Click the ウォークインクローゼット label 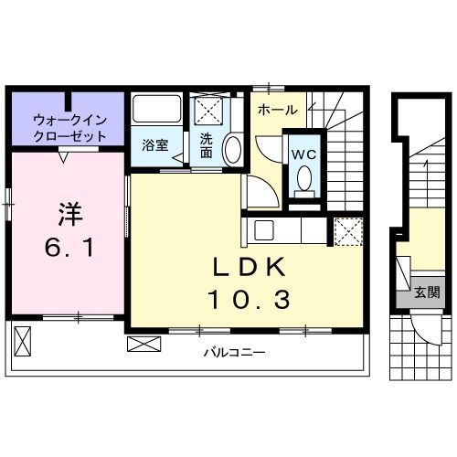tap(69, 127)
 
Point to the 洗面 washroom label tap(207, 146)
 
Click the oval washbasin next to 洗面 tap(232, 149)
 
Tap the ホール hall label tap(276, 110)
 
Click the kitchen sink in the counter tap(263, 229)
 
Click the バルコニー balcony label tap(228, 351)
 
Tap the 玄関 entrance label tap(427, 292)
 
